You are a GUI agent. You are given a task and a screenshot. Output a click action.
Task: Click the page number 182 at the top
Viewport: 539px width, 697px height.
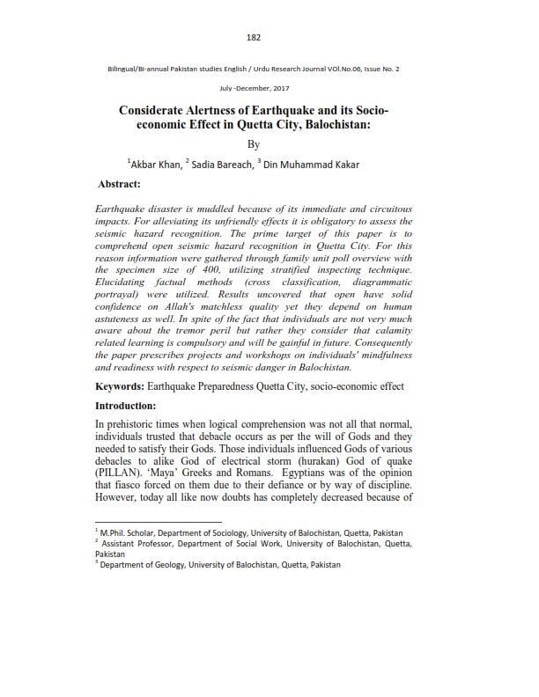click(x=255, y=37)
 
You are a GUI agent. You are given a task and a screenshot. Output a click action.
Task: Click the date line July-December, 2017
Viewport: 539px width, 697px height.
click(x=254, y=90)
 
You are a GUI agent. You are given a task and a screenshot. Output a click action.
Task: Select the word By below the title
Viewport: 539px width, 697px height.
click(x=254, y=144)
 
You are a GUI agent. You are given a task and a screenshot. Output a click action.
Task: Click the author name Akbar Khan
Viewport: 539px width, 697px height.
click(x=157, y=164)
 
